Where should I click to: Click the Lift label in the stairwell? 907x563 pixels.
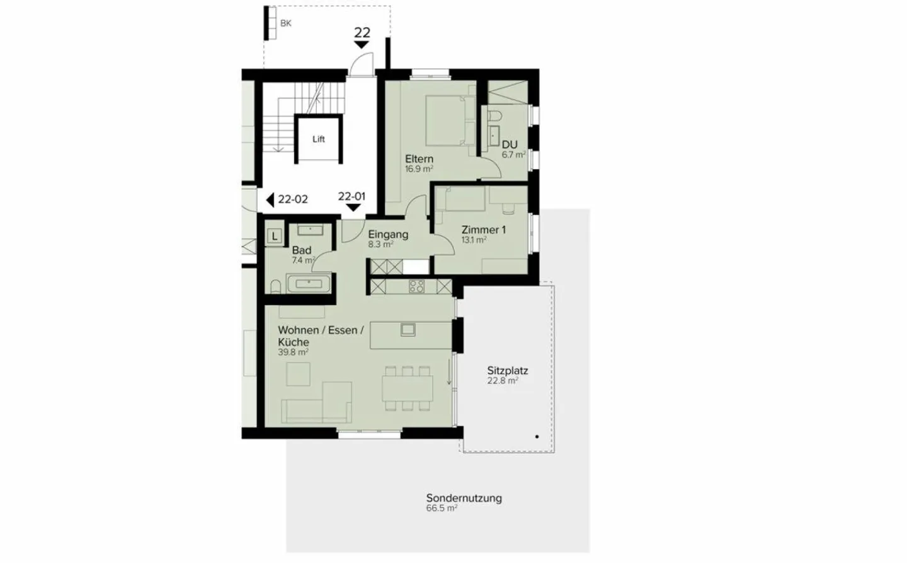(319, 139)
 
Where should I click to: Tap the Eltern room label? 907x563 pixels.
(419, 159)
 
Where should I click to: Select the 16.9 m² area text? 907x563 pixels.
(419, 169)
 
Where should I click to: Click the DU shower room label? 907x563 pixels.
(510, 144)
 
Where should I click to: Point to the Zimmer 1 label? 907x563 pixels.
(484, 230)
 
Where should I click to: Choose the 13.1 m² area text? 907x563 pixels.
(474, 240)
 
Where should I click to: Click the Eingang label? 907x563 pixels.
(388, 235)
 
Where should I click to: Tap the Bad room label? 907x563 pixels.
(302, 250)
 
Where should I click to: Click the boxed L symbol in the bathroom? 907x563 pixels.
(275, 236)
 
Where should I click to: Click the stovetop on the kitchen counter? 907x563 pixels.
(416, 287)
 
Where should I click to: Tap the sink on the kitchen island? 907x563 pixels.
(408, 328)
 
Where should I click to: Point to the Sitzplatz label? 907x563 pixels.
(507, 371)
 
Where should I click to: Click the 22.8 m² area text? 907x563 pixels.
(503, 381)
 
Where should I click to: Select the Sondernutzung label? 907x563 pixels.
(464, 498)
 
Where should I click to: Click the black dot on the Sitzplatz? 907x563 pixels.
(537, 436)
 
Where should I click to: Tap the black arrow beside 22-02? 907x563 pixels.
(270, 200)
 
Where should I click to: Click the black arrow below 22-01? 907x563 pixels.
(353, 207)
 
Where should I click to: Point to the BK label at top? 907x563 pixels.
(286, 23)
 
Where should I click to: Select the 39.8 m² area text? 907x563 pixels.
(293, 352)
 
